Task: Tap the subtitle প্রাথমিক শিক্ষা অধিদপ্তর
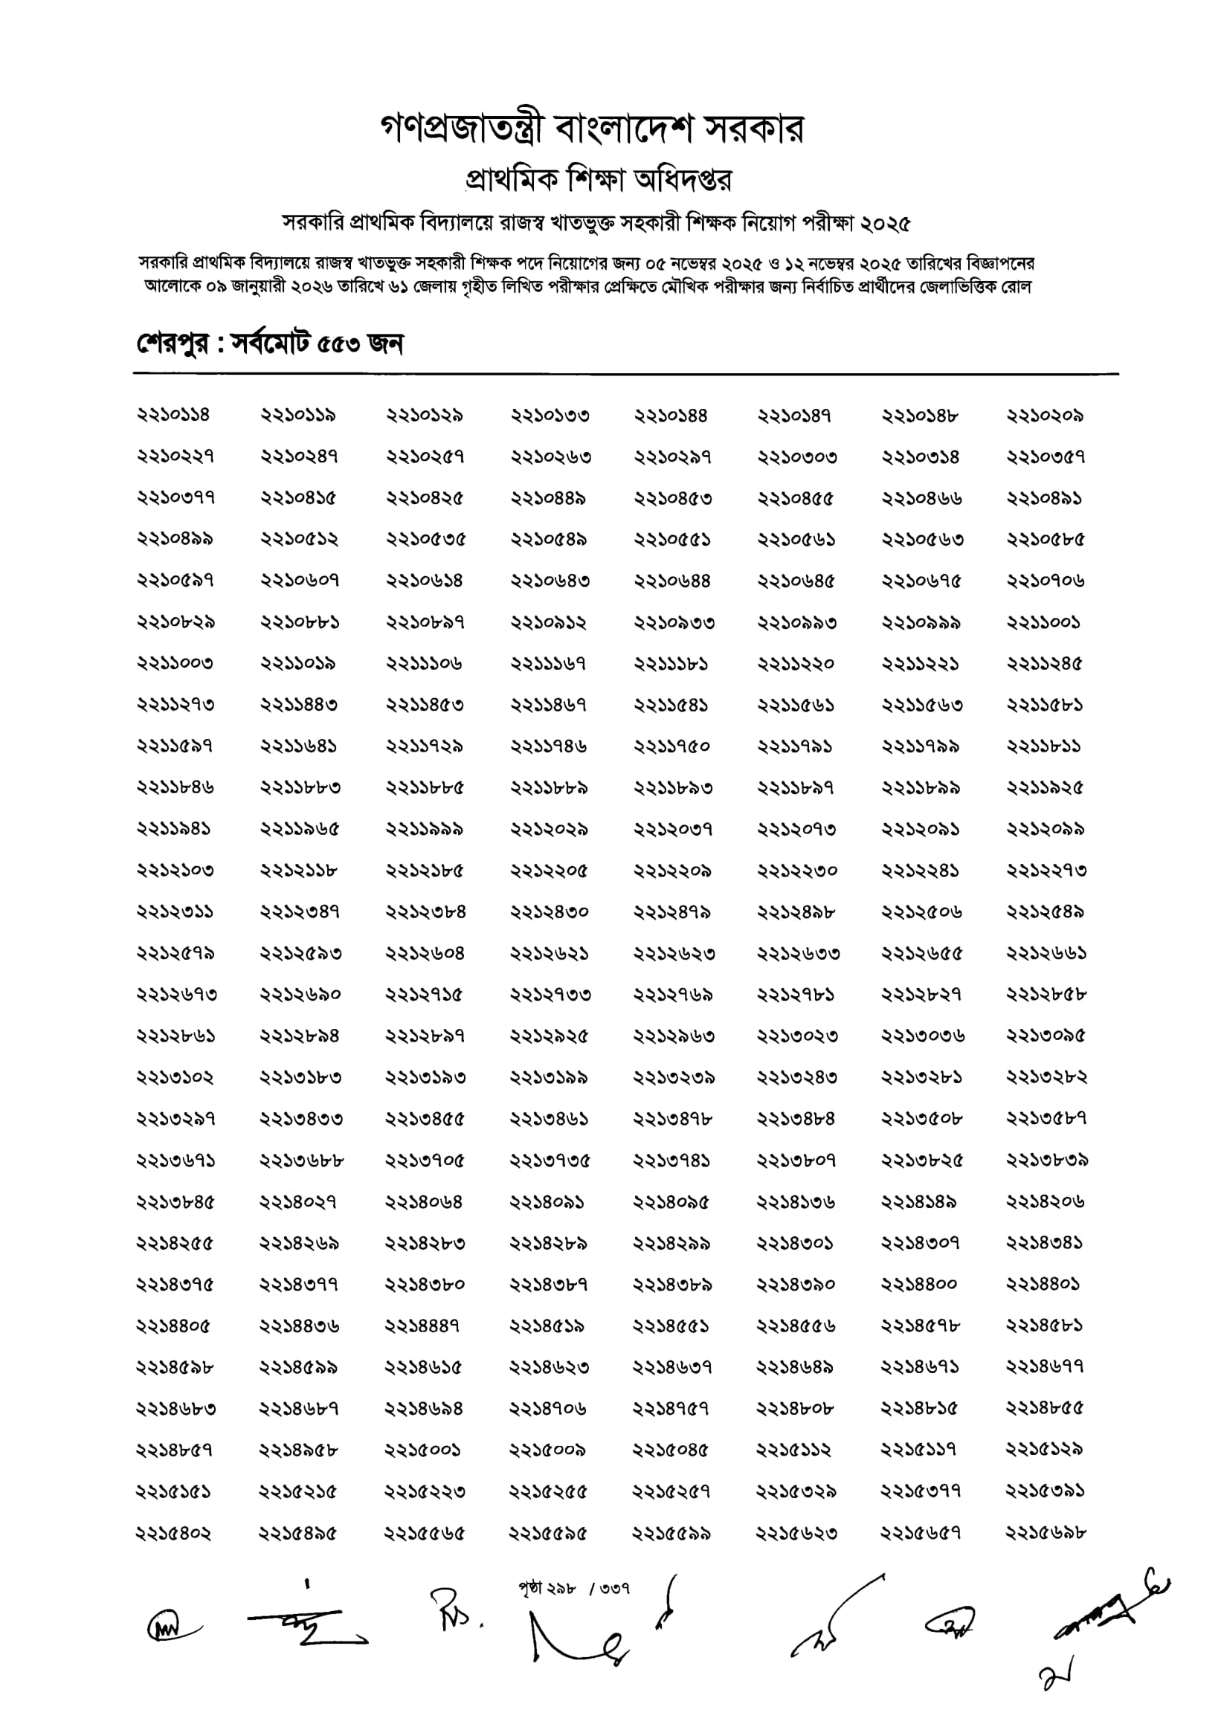pos(599,180)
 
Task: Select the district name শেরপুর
pos(173,344)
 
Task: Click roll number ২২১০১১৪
pos(173,415)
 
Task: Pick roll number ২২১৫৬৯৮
pos(1046,1532)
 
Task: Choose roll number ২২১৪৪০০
pos(920,1285)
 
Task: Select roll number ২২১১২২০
pos(796,664)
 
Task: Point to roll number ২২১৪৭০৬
pos(549,1408)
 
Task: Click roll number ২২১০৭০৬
pos(1046,581)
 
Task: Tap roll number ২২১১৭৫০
pos(671,747)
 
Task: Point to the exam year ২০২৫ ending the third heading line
pos(886,223)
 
